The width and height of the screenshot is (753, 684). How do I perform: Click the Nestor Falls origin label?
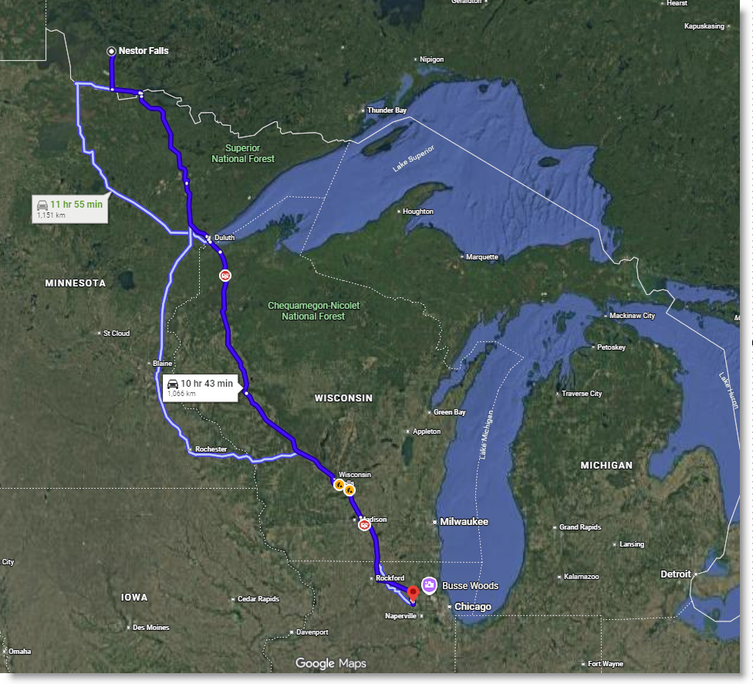coord(143,51)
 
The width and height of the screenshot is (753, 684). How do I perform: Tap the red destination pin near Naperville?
coord(412,593)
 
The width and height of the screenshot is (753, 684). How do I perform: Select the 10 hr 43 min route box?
coord(200,387)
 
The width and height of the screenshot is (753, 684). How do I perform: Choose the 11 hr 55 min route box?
coord(69,209)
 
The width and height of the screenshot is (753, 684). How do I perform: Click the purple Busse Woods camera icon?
coord(429,585)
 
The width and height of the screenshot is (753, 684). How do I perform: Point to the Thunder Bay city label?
coord(387,110)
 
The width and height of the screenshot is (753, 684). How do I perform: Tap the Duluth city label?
coord(224,238)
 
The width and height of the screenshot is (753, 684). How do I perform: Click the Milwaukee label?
coord(464,522)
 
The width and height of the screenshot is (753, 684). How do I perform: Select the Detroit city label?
coord(675,574)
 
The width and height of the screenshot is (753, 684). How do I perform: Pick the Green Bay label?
coord(449,412)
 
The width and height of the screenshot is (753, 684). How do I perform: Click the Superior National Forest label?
coord(243,153)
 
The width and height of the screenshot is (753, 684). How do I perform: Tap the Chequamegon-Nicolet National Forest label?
coord(313,310)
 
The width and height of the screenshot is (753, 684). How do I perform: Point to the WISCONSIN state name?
coord(343,398)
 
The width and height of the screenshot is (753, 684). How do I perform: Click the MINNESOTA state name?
coord(76,283)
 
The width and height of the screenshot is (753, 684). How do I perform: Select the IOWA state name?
coord(134,598)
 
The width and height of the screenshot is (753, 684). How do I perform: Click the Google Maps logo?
coord(330,663)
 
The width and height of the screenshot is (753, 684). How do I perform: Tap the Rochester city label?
coord(211,449)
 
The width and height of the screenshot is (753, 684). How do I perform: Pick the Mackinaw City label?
coord(632,316)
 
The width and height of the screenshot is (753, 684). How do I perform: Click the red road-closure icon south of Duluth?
coord(225,275)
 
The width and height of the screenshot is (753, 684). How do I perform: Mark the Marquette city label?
coord(482,257)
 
